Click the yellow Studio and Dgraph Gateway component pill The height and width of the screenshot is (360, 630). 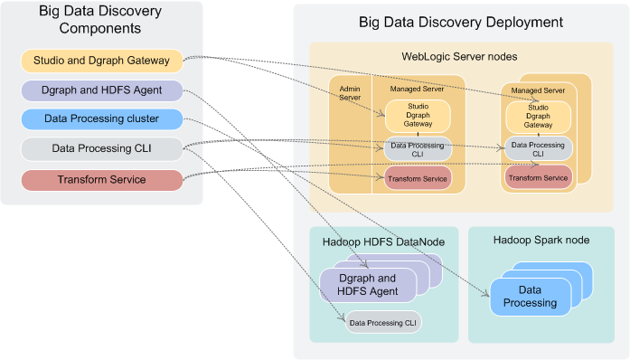[100, 62]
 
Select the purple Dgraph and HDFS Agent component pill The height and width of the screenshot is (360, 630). [100, 90]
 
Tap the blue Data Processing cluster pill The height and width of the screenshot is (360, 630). [100, 119]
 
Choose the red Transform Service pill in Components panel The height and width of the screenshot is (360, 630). [100, 179]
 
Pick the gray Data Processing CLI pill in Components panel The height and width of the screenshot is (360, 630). [100, 149]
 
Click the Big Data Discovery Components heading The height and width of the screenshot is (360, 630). [100, 19]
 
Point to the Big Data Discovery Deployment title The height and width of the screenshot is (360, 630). [461, 22]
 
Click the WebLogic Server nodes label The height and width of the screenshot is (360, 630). [459, 56]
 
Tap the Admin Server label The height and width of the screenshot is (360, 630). [349, 93]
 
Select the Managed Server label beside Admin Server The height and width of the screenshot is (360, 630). [418, 90]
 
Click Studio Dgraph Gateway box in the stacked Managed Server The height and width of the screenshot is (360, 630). [538, 117]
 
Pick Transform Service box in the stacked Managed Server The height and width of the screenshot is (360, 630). [538, 178]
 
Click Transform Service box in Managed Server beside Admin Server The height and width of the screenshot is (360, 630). [418, 179]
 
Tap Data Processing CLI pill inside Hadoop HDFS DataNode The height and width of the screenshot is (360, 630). [383, 322]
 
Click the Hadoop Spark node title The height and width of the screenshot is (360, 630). [541, 241]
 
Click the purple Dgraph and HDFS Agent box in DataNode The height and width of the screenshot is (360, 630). [367, 284]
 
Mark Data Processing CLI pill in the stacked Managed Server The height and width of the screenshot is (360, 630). [538, 148]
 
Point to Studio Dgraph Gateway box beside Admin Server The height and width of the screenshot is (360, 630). [418, 116]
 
